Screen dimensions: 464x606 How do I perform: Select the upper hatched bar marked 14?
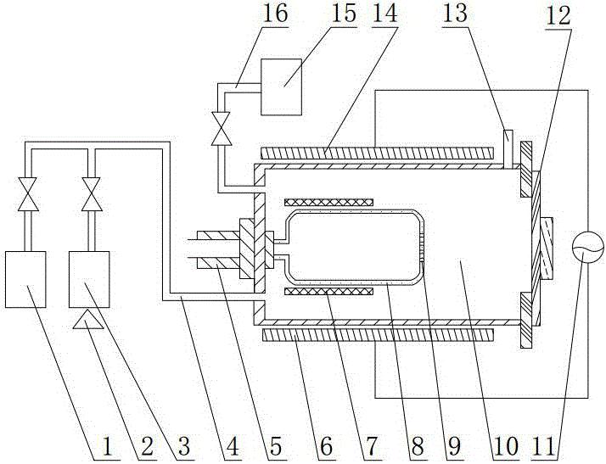click(378, 153)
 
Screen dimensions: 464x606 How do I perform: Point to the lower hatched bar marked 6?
click(378, 337)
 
